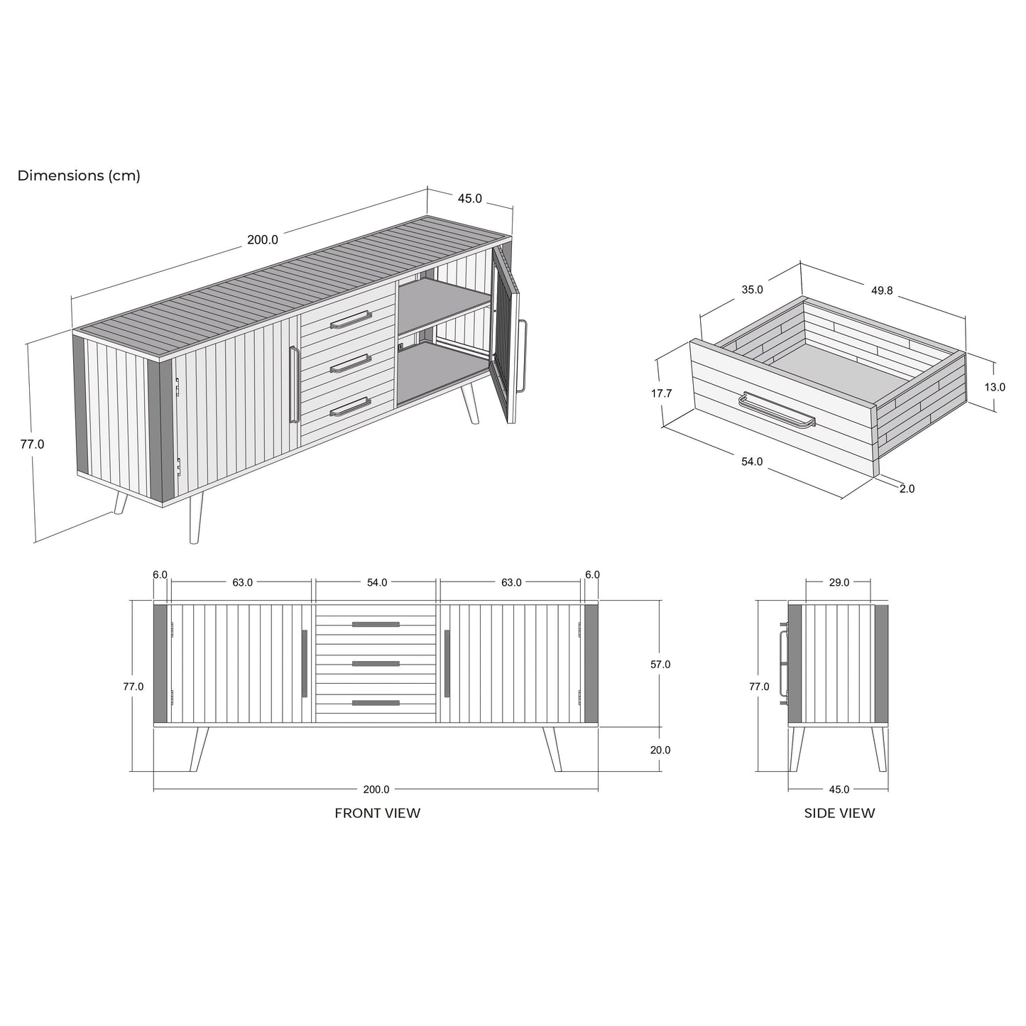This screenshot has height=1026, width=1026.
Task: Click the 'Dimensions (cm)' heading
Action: click(x=79, y=175)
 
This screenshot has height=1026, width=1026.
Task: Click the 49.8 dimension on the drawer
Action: click(x=882, y=290)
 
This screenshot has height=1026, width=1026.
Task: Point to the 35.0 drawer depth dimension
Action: click(x=753, y=290)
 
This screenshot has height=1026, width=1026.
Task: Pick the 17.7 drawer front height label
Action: click(x=661, y=393)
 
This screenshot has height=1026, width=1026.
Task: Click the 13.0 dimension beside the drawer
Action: click(x=995, y=387)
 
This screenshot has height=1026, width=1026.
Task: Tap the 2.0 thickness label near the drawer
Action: click(x=907, y=489)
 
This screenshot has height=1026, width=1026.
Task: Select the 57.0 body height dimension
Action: click(x=660, y=665)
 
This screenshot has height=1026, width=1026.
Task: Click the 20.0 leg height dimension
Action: click(x=660, y=750)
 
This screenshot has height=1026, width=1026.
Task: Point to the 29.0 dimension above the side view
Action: click(x=839, y=582)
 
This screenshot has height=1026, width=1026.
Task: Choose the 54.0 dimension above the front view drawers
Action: click(x=377, y=582)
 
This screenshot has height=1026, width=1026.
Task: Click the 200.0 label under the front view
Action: click(x=376, y=790)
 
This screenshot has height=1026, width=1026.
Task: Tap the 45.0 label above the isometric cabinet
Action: click(x=470, y=199)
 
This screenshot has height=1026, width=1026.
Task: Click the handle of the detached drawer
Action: click(x=777, y=410)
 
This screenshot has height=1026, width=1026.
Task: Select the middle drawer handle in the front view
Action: click(x=376, y=663)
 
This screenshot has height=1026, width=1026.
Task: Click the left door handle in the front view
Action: click(x=305, y=663)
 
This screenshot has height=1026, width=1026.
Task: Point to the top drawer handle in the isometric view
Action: click(x=351, y=320)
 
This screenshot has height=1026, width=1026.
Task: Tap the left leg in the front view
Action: click(x=199, y=748)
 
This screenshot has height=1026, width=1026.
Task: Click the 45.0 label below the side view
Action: click(x=839, y=790)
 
